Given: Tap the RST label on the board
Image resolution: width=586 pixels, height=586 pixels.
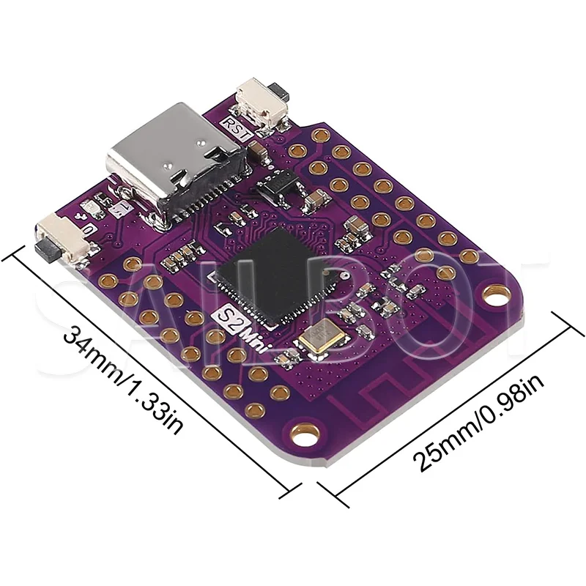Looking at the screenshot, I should tap(240, 126).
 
